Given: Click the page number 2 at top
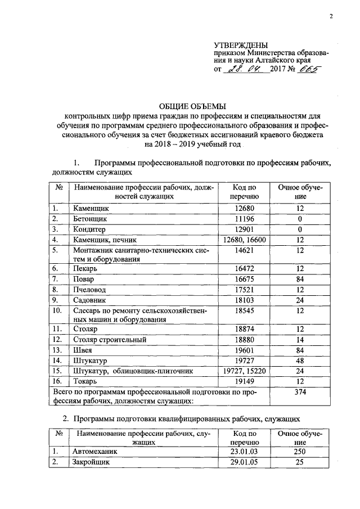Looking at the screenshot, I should pos(331,16).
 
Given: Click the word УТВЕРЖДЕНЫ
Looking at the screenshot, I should pos(241,45).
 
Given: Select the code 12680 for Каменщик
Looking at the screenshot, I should pos(244,208).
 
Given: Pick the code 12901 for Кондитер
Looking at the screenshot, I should pos(244,229).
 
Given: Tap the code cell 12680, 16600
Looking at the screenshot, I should pos(244,240).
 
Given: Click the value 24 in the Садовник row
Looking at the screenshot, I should pos(300,300).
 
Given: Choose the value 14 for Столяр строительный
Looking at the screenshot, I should pos(300,340).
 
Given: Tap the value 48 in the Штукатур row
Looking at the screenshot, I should pos(300,361).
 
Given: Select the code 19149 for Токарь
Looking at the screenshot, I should pos(244,381).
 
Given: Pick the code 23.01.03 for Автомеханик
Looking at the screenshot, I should pos(244,452).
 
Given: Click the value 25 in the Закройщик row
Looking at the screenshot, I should pos(300,462).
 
